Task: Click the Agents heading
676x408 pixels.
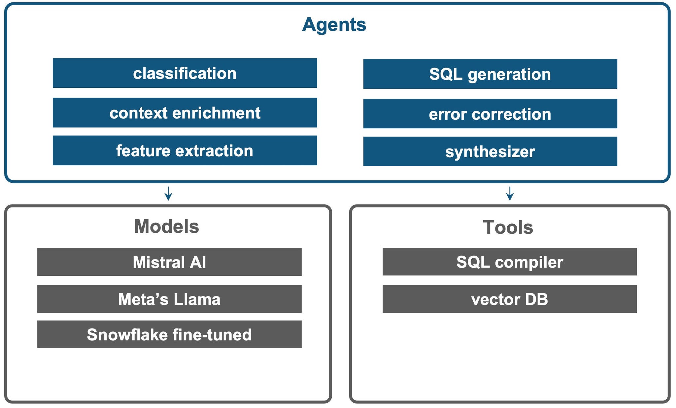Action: [x=334, y=25]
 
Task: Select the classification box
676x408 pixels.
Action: [x=185, y=73]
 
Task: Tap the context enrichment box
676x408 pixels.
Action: [x=185, y=113]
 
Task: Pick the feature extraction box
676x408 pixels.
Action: [x=185, y=151]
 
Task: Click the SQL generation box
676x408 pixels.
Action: [x=490, y=74]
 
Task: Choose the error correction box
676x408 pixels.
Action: [x=490, y=114]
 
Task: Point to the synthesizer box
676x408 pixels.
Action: [x=490, y=152]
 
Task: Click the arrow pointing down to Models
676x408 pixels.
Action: [x=168, y=194]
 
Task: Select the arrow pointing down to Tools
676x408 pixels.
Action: [x=510, y=194]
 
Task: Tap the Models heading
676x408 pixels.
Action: [x=166, y=227]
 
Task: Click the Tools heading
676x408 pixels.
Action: [x=508, y=227]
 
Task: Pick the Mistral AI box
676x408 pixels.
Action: [x=169, y=262]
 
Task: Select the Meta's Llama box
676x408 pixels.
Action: [x=169, y=299]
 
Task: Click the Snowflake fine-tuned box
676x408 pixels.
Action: [x=169, y=334]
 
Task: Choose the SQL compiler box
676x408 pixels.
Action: [x=509, y=262]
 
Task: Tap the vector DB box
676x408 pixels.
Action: [x=509, y=299]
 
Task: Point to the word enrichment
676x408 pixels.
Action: [x=216, y=113]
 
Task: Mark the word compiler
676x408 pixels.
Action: [x=529, y=263]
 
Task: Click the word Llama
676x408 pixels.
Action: [x=197, y=299]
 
